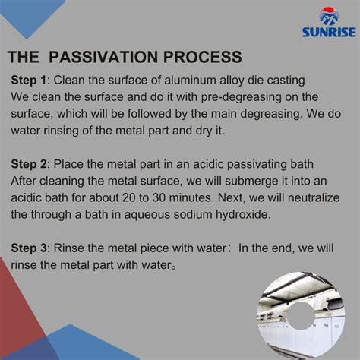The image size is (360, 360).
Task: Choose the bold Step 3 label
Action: pos(29,250)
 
